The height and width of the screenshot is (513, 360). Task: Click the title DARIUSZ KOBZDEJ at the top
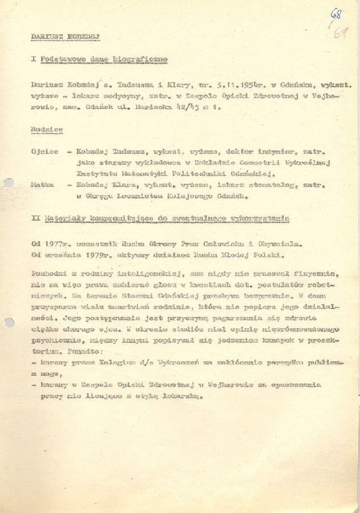[x=65, y=36]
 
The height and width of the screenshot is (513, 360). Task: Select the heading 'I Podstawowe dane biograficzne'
[x=99, y=59]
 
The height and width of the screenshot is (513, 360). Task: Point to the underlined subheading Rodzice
[x=46, y=130]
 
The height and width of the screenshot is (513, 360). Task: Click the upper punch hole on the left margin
[x=7, y=184]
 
